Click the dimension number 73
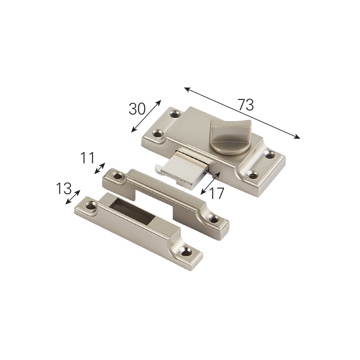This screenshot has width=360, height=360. pyautogui.click(x=245, y=105)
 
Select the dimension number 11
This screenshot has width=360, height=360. pyautogui.click(x=87, y=158)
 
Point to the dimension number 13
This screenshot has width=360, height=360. pyautogui.click(x=63, y=189)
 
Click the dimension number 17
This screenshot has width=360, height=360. pyautogui.click(x=216, y=193)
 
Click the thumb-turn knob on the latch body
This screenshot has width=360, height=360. pyautogui.click(x=230, y=136)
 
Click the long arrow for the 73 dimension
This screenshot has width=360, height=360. pyautogui.click(x=242, y=113)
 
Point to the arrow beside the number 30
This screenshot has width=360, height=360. pyautogui.click(x=146, y=116)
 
